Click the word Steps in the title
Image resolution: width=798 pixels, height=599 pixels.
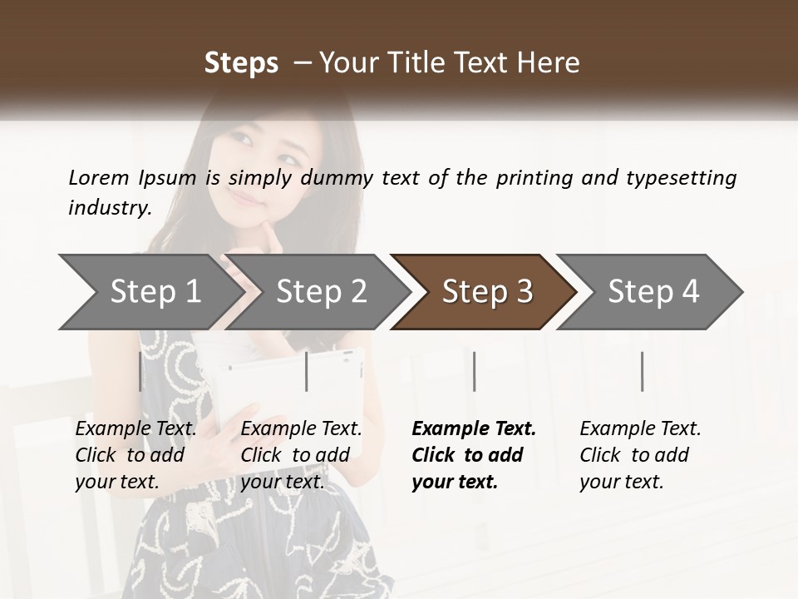(241, 63)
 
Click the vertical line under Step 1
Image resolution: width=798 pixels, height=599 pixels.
(140, 371)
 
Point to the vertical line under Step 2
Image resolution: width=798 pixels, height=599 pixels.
(307, 371)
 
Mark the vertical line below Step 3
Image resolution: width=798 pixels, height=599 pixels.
(475, 371)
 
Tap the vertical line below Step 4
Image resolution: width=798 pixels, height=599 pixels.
(642, 371)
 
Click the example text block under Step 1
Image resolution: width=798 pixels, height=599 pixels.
(135, 455)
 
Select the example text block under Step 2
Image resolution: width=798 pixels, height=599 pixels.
(301, 455)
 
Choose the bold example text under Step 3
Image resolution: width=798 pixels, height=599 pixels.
(473, 455)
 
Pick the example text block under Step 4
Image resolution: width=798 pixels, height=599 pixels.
(640, 455)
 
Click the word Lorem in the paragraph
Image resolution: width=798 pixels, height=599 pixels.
(99, 178)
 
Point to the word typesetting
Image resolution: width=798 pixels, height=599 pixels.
(681, 178)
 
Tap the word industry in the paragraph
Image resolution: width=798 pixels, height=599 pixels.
(110, 208)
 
